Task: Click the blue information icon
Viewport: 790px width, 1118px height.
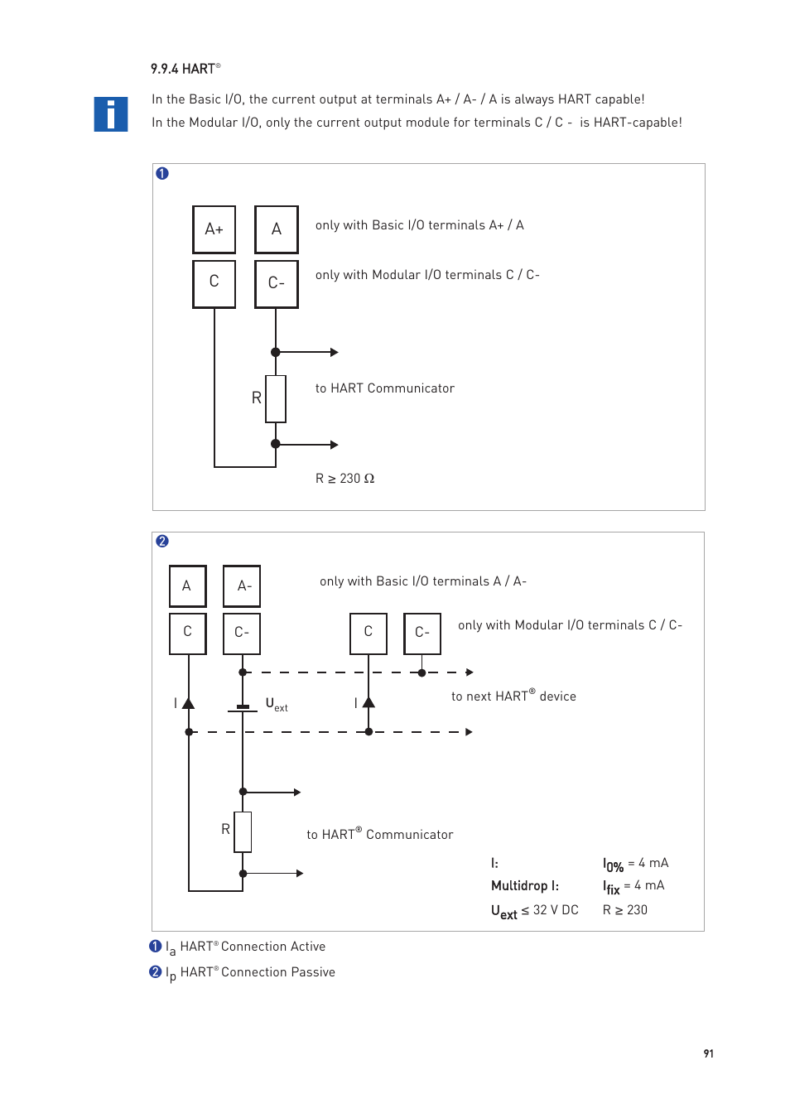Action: coord(110,114)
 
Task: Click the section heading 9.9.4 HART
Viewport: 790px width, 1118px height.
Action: coord(185,69)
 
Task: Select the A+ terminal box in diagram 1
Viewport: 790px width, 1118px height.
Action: coord(214,229)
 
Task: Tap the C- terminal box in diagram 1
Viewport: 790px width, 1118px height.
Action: coord(276,283)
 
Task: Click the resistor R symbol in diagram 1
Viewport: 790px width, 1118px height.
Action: coord(276,398)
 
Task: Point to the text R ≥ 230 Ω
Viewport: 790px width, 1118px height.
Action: coord(344,479)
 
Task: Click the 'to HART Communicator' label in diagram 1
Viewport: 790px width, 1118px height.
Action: coord(384,388)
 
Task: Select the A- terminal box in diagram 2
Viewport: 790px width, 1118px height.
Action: coord(242,586)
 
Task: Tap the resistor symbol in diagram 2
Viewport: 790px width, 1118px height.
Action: coord(243,831)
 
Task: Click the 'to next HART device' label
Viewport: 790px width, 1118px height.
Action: coord(513,696)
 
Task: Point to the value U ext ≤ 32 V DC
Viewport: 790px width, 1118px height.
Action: coord(534,911)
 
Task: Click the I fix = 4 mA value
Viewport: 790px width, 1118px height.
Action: coord(633,886)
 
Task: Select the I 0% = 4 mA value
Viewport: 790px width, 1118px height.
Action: coord(635,864)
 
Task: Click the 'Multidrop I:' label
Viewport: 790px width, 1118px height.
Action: coord(524,886)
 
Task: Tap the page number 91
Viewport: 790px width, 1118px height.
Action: coord(708,1053)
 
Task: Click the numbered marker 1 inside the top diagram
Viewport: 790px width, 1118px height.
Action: coord(162,173)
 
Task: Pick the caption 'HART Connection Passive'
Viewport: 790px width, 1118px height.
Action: coord(258,972)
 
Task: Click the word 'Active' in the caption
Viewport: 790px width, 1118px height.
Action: coord(307,947)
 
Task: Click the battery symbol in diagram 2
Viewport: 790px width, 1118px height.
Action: coord(243,708)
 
